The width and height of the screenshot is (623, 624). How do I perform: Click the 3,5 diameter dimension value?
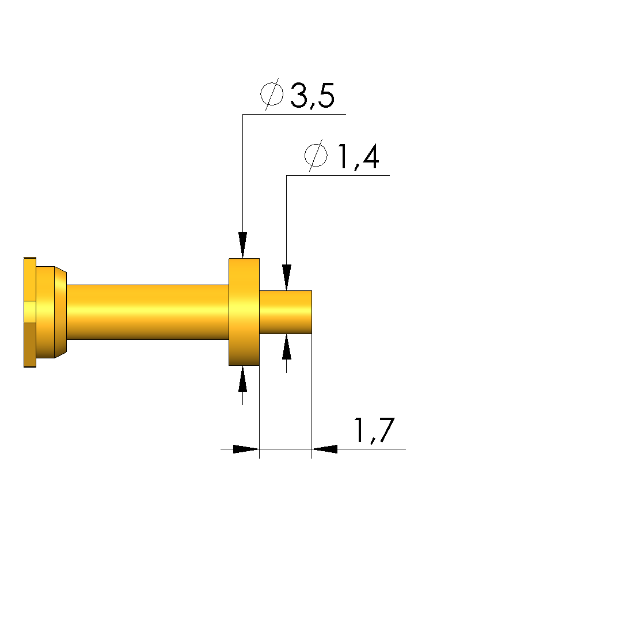pyautogui.click(x=313, y=96)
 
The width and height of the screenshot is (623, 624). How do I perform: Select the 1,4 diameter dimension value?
pyautogui.click(x=358, y=157)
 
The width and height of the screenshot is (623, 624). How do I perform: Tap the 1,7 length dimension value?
pyautogui.click(x=374, y=430)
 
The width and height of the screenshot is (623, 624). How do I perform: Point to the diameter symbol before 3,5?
pyautogui.click(x=272, y=94)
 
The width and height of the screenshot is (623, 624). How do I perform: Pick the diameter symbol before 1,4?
pyautogui.click(x=316, y=155)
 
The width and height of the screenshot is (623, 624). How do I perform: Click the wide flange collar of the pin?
pyautogui.click(x=244, y=312)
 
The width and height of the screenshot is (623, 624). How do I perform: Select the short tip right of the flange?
pyautogui.click(x=286, y=312)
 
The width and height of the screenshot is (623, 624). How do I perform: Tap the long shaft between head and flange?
pyautogui.click(x=147, y=312)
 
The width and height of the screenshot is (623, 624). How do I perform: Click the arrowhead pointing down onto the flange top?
pyautogui.click(x=243, y=245)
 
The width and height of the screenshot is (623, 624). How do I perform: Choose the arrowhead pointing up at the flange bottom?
pyautogui.click(x=243, y=379)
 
